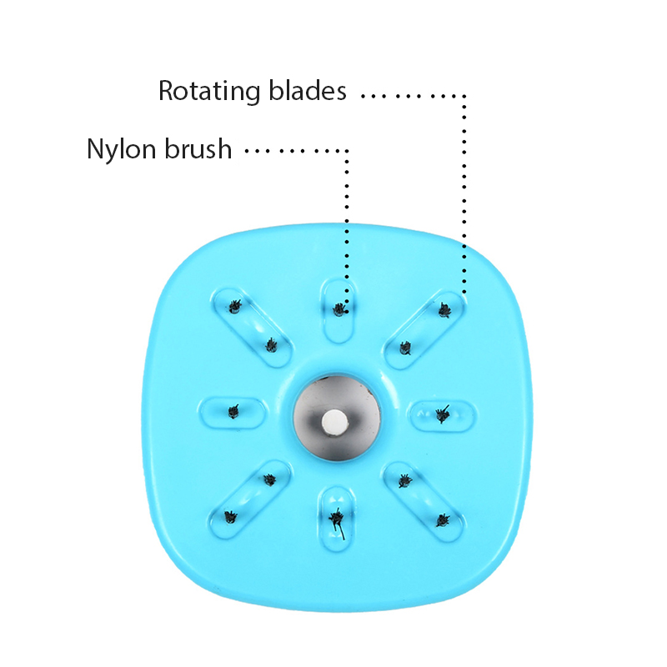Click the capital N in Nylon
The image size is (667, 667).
pos(95,149)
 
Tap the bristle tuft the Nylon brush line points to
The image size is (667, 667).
pos(339,309)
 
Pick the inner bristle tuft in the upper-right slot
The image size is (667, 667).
pos(405,347)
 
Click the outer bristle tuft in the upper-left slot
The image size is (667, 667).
pos(234,305)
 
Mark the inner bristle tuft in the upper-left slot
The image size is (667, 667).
pos(271,344)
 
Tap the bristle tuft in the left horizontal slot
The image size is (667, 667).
pos(234,410)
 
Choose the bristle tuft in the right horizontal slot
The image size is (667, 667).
pos(442,411)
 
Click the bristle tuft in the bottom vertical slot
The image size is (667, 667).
pos(337,519)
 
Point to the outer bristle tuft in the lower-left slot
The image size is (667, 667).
pos(231,517)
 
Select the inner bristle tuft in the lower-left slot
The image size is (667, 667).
pos(268,480)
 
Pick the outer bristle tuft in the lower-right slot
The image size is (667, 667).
pos(442,520)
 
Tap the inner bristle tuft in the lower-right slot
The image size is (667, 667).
pos(404,480)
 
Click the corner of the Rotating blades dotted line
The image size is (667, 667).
pos(464,95)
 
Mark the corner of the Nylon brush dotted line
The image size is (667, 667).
pos(347,151)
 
